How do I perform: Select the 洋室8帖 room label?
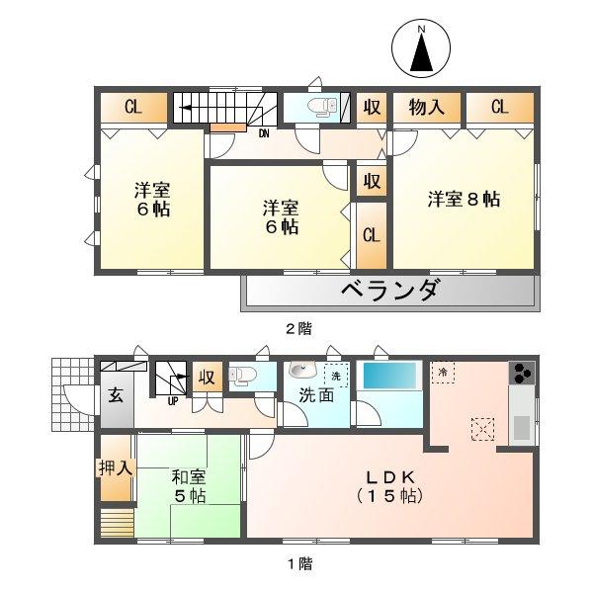coord(464,198)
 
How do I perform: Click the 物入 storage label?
coord(426,107)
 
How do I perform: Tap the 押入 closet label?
coord(115,467)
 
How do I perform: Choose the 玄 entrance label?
coord(115,397)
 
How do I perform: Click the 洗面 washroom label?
coord(314,396)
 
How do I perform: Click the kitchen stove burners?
coord(521,374)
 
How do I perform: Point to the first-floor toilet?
coord(243,375)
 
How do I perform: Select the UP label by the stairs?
coord(172,400)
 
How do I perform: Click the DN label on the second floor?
coord(265,132)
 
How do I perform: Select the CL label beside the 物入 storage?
coord(498,107)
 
